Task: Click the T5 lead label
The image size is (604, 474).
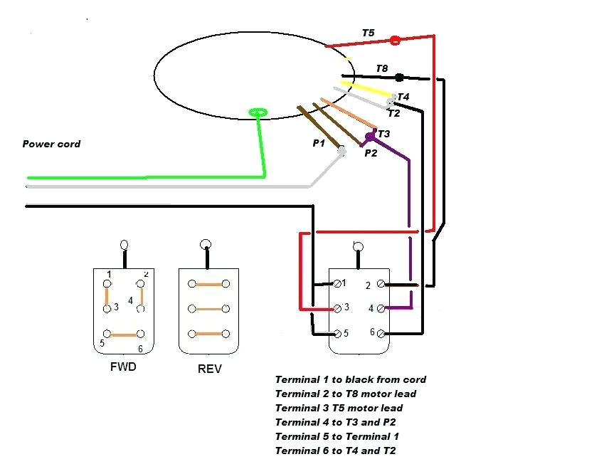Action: click(x=368, y=33)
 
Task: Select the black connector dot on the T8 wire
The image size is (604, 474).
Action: click(x=399, y=77)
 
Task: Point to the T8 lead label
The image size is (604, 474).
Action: click(x=382, y=68)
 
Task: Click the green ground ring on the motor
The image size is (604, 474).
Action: click(x=258, y=112)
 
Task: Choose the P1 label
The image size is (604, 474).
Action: click(x=319, y=143)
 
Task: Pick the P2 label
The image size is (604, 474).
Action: click(x=371, y=152)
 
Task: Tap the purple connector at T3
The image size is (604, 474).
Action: click(x=369, y=136)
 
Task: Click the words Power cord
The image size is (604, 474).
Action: click(x=51, y=144)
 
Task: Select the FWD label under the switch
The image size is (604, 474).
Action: click(x=123, y=368)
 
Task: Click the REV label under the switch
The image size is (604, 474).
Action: click(x=208, y=369)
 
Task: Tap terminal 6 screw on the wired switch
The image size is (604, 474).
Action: click(x=381, y=333)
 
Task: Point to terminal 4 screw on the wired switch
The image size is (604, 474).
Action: click(x=381, y=308)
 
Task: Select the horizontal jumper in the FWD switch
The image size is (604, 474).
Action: click(x=123, y=334)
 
